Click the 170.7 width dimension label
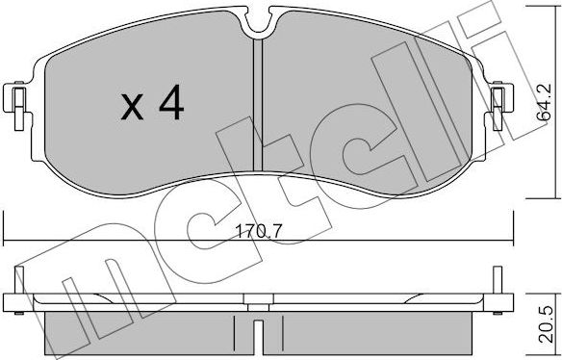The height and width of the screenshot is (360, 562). pyautogui.click(x=259, y=232)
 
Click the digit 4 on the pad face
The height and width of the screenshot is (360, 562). pyautogui.click(x=171, y=102)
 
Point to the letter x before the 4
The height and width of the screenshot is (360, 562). pyautogui.click(x=132, y=107)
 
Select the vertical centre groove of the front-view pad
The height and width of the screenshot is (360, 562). pyautogui.click(x=258, y=105)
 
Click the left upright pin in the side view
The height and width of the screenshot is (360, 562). pyautogui.click(x=19, y=280)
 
